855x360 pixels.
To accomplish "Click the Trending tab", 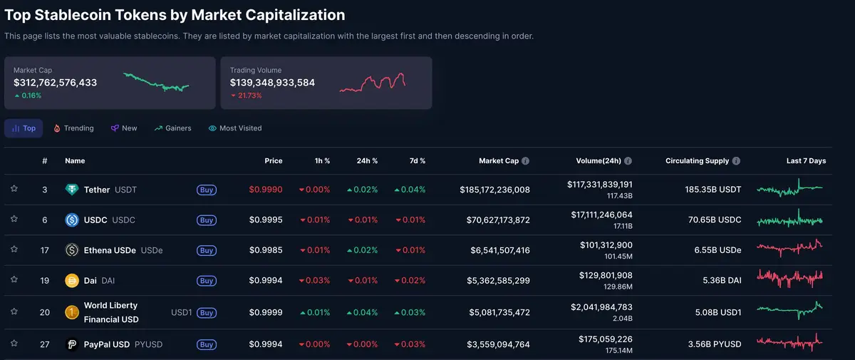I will point(73,128).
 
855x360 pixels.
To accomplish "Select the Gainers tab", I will point(172,128).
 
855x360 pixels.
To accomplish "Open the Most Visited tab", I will point(235,128).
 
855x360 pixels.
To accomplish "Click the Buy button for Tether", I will point(207,190).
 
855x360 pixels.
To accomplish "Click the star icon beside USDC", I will point(14,220).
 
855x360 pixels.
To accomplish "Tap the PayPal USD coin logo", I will point(71,344).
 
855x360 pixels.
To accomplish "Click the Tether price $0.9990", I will point(265,190).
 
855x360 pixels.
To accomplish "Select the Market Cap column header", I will point(498,161).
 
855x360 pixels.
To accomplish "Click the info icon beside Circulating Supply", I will point(736,161).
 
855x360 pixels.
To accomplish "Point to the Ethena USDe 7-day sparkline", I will point(789,250).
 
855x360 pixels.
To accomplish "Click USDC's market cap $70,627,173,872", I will point(494,220).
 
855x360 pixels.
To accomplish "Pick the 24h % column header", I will point(367,161).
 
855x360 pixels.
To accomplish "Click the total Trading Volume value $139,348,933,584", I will point(272,83).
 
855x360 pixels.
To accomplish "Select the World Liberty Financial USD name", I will point(111,312).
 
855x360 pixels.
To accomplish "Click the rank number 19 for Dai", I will point(44,281).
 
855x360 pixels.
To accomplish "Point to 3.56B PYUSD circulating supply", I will point(715,344).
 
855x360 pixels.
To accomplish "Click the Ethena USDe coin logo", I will point(71,250).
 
